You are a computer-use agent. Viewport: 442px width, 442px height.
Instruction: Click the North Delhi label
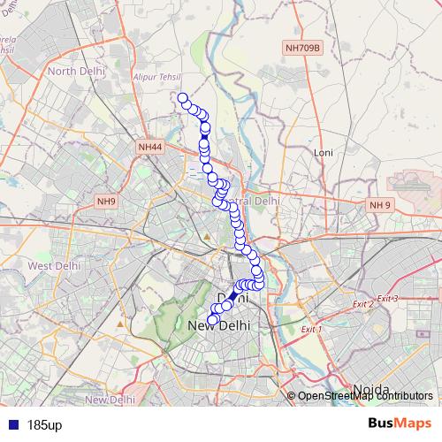(76, 71)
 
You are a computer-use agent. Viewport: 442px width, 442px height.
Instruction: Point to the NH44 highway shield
(150, 147)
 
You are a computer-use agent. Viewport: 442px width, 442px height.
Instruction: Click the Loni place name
(323, 152)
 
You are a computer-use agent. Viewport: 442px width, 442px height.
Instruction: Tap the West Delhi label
(55, 265)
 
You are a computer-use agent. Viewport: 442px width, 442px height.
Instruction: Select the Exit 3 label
(387, 299)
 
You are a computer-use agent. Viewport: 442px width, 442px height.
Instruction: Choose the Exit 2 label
(362, 304)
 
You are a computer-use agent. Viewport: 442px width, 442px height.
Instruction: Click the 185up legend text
(44, 425)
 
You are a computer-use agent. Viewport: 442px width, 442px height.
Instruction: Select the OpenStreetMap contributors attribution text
(365, 396)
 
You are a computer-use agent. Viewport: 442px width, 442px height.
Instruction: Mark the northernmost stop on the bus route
(183, 98)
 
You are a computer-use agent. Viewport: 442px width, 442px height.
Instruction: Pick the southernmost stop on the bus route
(211, 320)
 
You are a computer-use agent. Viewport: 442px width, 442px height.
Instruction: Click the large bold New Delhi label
(220, 326)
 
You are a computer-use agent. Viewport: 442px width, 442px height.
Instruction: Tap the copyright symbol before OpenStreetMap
(292, 396)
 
